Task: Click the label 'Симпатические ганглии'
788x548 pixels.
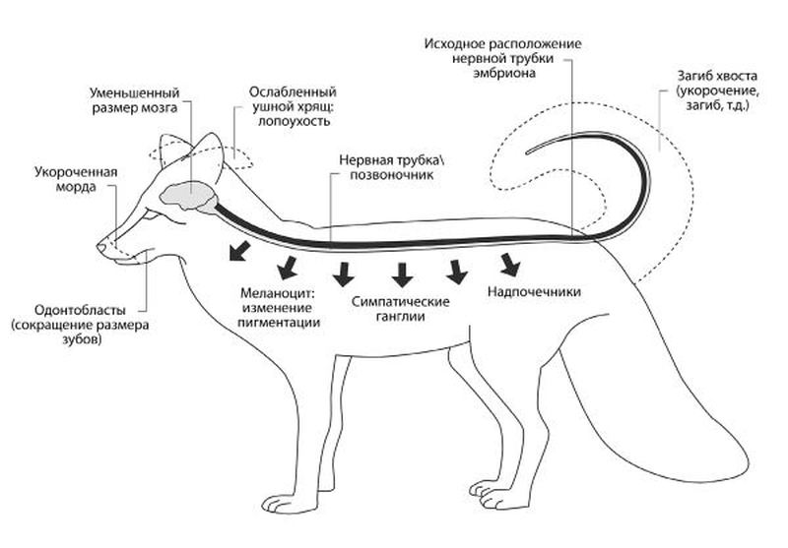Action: point(401,308)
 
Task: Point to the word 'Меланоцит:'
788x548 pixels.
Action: point(277,293)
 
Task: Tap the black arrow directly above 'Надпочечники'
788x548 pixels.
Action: point(509,264)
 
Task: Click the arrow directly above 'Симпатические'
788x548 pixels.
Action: point(402,273)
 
